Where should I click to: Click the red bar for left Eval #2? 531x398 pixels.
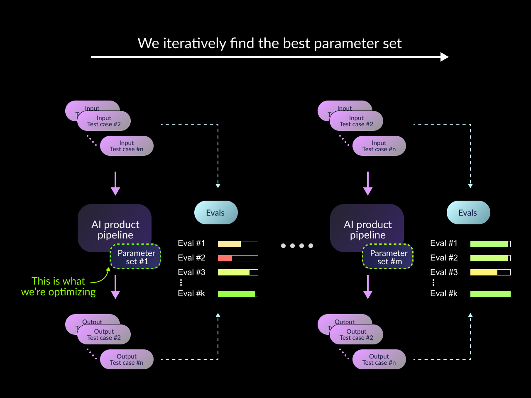(x=225, y=258)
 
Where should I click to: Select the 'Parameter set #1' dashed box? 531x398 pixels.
(x=135, y=257)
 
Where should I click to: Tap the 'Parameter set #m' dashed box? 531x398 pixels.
(x=388, y=257)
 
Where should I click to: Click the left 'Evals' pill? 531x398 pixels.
(x=216, y=213)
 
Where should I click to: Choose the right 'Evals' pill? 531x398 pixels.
(x=468, y=213)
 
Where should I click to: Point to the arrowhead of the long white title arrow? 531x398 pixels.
(x=444, y=57)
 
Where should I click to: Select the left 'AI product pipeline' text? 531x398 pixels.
(x=115, y=229)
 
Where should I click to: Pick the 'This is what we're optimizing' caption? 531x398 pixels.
(x=59, y=287)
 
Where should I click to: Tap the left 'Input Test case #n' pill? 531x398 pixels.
(x=127, y=146)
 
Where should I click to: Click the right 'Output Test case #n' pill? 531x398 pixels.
(x=379, y=359)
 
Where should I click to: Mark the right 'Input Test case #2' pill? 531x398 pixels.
(x=356, y=121)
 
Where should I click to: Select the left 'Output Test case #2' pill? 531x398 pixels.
(x=104, y=334)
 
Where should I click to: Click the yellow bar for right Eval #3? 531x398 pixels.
(x=484, y=273)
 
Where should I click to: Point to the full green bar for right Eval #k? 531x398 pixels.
(x=490, y=294)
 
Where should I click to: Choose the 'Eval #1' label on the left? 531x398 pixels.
(x=191, y=243)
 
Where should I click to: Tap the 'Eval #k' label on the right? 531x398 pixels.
(x=444, y=294)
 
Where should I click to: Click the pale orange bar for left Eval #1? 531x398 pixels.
(x=229, y=244)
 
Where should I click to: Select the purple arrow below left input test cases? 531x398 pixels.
(x=115, y=183)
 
